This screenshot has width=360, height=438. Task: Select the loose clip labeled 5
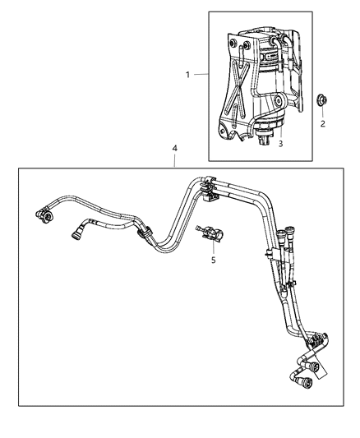click(214, 237)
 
